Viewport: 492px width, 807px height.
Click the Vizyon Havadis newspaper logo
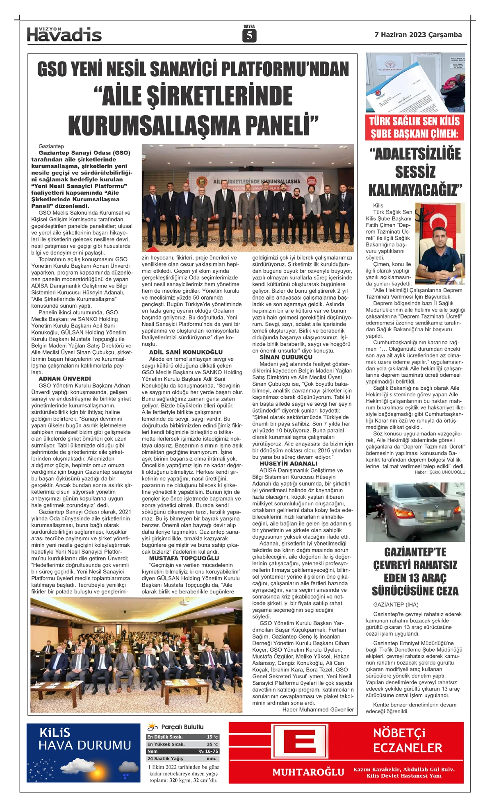[64, 35]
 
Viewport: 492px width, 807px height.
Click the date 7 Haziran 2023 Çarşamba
[418, 35]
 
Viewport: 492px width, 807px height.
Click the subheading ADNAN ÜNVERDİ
[65, 379]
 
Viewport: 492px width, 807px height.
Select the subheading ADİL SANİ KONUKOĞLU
[186, 352]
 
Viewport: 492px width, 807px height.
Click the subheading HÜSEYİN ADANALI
[288, 464]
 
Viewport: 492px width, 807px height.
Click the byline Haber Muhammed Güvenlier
[318, 709]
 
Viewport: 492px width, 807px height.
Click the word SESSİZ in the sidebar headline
[415, 172]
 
